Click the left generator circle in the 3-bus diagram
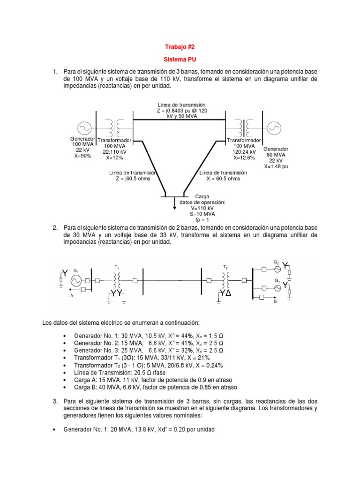tap(85, 127)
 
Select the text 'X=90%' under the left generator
tap(82, 156)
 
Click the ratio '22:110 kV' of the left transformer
tap(115, 151)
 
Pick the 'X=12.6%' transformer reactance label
tap(244, 157)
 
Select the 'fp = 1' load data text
tap(202, 219)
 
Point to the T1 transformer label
tap(117, 266)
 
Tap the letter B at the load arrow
tap(276, 302)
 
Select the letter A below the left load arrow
tap(71, 296)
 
